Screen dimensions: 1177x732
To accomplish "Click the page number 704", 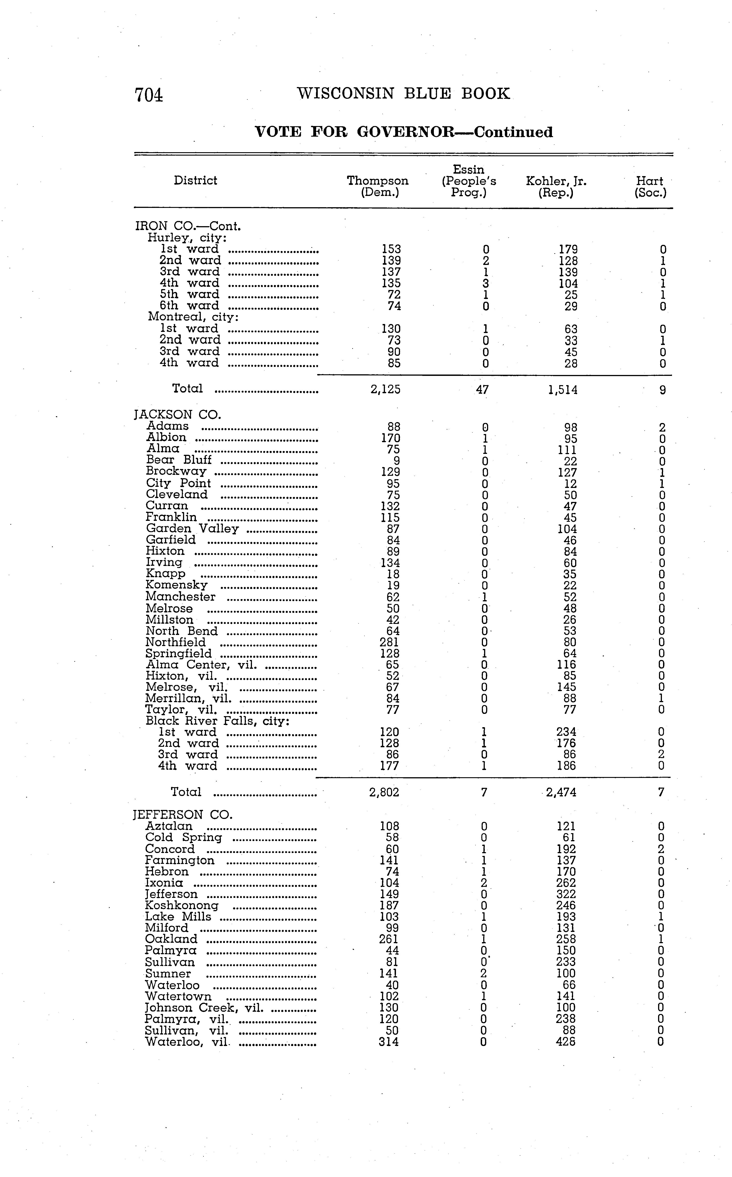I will click(x=149, y=94).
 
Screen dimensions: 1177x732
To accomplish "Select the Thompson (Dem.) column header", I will click(x=378, y=186).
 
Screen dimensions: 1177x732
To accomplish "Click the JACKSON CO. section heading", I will click(x=177, y=415).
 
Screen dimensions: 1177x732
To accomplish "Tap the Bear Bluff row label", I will click(x=179, y=460).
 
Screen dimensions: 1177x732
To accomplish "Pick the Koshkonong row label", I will click(x=182, y=905).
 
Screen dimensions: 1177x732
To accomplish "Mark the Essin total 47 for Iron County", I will click(x=482, y=389).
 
